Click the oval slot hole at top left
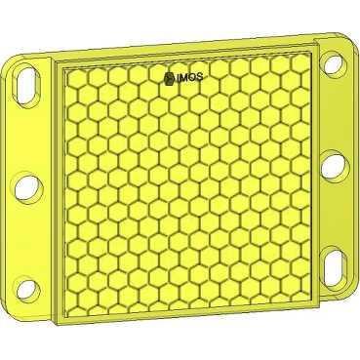click(x=26, y=85)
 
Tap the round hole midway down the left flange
click(x=28, y=187)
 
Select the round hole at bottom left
click(x=27, y=289)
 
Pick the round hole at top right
click(x=333, y=64)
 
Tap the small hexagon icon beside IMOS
click(x=169, y=78)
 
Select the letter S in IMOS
click(x=199, y=77)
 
